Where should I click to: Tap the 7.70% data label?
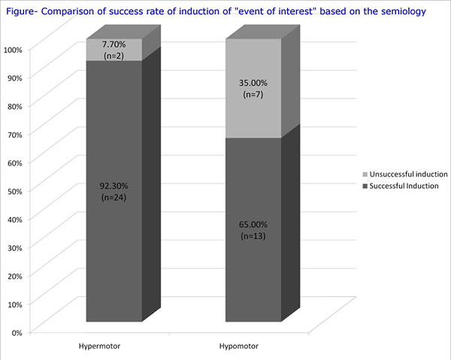tap(114, 45)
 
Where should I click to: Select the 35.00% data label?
tap(252, 83)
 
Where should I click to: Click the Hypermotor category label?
tap(100, 348)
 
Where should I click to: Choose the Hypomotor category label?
tap(238, 348)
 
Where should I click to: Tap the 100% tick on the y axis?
tap(14, 50)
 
